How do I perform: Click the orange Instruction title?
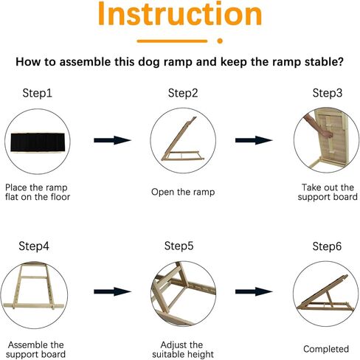click(x=180, y=13)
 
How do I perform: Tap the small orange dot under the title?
click(x=220, y=41)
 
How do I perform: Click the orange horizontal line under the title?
click(x=172, y=41)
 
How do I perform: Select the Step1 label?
click(x=38, y=94)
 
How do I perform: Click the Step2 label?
click(x=183, y=94)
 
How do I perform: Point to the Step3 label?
click(x=328, y=93)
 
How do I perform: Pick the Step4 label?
click(x=34, y=246)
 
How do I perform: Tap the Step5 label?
click(x=179, y=246)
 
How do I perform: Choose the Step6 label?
click(x=327, y=246)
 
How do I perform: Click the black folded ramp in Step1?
click(x=38, y=142)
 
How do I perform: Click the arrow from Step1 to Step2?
click(x=112, y=140)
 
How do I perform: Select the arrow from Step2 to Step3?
click(x=254, y=140)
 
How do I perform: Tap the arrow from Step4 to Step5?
click(x=112, y=292)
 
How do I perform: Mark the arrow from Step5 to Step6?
click(x=254, y=292)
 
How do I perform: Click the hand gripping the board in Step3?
click(x=328, y=134)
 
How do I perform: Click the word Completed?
click(x=326, y=349)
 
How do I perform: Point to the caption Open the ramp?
click(x=183, y=192)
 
